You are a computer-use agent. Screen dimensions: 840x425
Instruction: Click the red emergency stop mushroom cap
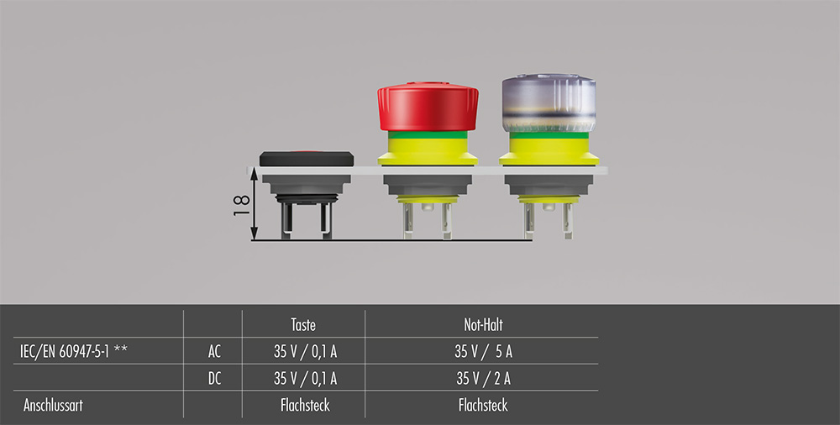click(x=428, y=106)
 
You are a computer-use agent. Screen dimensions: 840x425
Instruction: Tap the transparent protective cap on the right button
click(x=549, y=103)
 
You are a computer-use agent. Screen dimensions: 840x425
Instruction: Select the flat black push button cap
click(x=307, y=159)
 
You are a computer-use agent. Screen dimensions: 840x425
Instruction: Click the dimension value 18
click(x=242, y=205)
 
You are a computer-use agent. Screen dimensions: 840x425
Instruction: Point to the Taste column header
click(x=303, y=324)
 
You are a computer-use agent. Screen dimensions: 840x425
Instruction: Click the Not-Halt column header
click(x=483, y=324)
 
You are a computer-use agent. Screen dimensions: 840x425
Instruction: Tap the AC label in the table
click(x=213, y=352)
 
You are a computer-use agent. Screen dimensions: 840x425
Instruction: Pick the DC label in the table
click(x=214, y=379)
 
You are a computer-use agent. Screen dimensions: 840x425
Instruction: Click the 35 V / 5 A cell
click(x=483, y=352)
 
